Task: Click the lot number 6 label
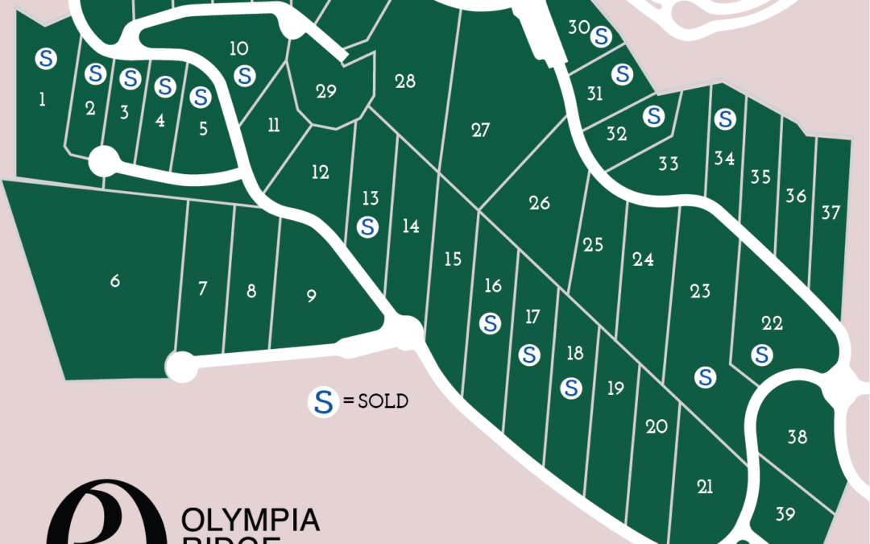(x=115, y=281)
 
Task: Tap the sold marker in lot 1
(x=47, y=57)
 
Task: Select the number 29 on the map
(x=326, y=92)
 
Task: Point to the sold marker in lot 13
(x=368, y=226)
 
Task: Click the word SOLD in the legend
(x=383, y=401)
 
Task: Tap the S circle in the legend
(x=323, y=401)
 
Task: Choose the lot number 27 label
(x=481, y=130)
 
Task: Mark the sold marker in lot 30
(x=600, y=35)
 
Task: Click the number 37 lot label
(x=831, y=213)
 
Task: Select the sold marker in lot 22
(x=761, y=354)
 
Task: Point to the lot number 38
(x=797, y=438)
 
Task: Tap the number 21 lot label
(x=705, y=486)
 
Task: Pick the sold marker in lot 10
(x=244, y=76)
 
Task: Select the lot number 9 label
(x=312, y=297)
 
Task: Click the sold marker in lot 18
(x=572, y=388)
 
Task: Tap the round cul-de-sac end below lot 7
(x=181, y=367)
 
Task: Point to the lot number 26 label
(x=540, y=202)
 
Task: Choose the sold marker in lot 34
(x=725, y=119)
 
